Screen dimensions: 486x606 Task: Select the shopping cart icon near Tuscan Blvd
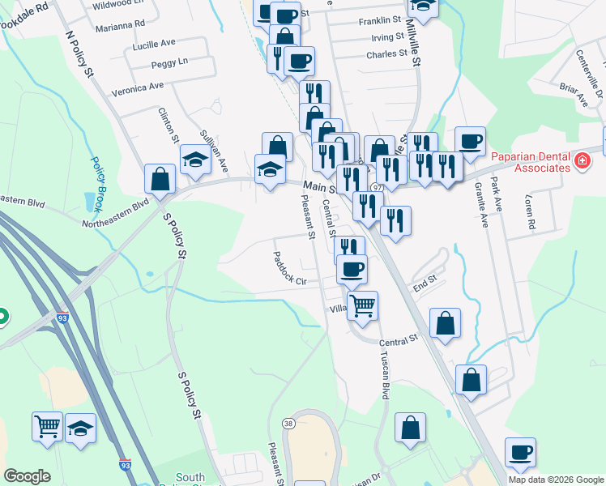[363, 305]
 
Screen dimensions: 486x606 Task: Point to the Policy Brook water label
[100, 179]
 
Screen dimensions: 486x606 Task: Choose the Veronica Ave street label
[138, 87]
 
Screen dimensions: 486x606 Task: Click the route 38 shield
[288, 423]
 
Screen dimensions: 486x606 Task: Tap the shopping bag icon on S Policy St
[160, 179]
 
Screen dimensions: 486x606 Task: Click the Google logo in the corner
[27, 476]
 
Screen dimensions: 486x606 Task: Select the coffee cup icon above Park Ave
[470, 141]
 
